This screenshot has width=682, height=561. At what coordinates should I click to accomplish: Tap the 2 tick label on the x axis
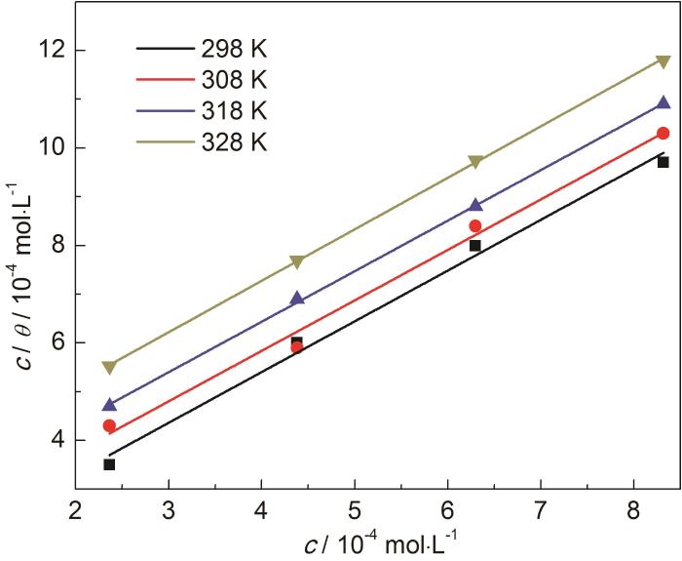tap(76, 509)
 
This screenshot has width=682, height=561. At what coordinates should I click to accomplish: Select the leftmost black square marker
tap(109, 464)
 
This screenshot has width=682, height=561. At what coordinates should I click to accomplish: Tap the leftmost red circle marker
tap(109, 425)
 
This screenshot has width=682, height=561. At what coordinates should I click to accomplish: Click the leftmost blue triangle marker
tap(109, 405)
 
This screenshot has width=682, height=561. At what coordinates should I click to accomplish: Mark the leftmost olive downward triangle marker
tap(109, 367)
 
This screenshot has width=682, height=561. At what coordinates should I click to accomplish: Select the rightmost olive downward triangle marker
tap(663, 61)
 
